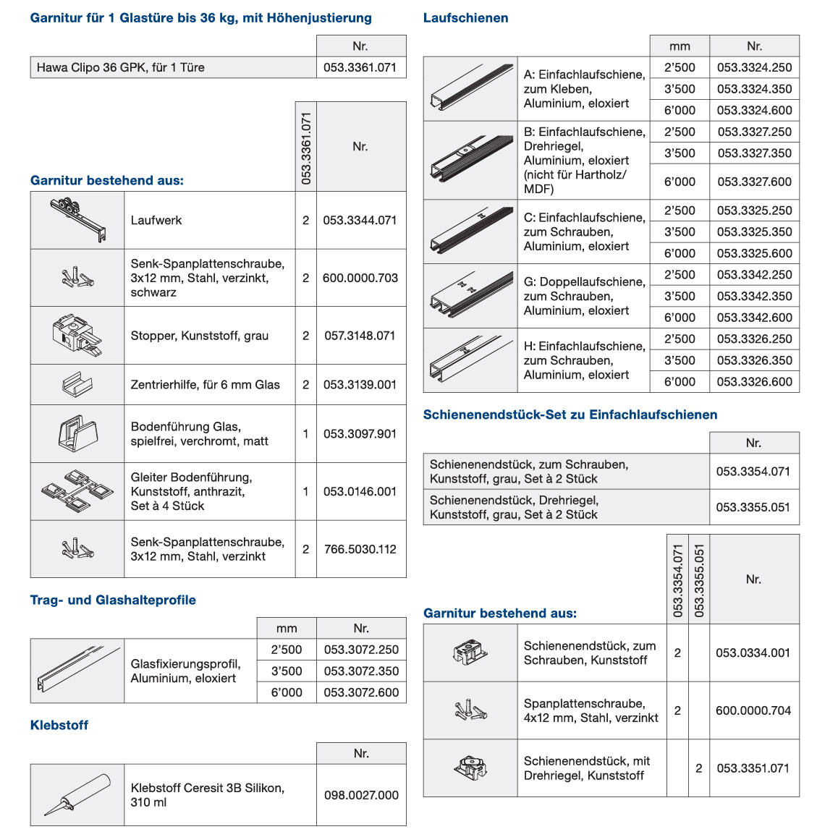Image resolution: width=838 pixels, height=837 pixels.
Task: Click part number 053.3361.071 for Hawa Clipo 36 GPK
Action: click(x=360, y=67)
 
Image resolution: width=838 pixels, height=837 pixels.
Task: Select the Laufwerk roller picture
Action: click(x=77, y=219)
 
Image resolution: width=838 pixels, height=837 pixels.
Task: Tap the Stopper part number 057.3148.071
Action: click(x=360, y=336)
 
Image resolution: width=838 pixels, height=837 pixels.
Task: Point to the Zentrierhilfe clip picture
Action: click(x=77, y=384)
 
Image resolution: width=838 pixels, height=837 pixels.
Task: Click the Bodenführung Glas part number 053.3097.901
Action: click(x=360, y=434)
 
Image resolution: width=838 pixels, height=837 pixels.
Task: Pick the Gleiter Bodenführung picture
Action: click(x=77, y=491)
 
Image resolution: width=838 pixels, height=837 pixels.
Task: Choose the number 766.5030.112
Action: click(x=360, y=549)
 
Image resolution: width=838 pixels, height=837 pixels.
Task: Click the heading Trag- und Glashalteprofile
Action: click(x=113, y=600)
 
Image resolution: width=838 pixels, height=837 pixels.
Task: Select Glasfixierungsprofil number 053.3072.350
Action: click(x=361, y=671)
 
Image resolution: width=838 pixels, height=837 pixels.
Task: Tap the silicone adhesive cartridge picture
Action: click(x=77, y=794)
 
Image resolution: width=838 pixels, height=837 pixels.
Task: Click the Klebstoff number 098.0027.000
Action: click(x=361, y=795)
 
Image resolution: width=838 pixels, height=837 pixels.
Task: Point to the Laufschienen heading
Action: click(x=465, y=18)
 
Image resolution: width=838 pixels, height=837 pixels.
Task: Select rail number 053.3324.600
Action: click(x=754, y=110)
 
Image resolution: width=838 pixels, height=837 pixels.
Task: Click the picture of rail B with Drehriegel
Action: click(x=470, y=160)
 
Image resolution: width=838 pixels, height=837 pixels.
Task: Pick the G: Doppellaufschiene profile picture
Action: click(x=470, y=296)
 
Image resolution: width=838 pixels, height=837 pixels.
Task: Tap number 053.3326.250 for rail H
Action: click(x=754, y=339)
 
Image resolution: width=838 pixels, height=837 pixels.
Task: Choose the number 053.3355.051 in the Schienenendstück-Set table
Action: click(x=753, y=507)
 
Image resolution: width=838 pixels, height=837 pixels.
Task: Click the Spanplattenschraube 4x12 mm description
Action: click(x=591, y=710)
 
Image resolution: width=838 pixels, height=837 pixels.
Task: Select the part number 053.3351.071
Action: click(x=753, y=768)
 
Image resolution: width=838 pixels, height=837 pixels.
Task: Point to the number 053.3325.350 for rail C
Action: click(x=754, y=231)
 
